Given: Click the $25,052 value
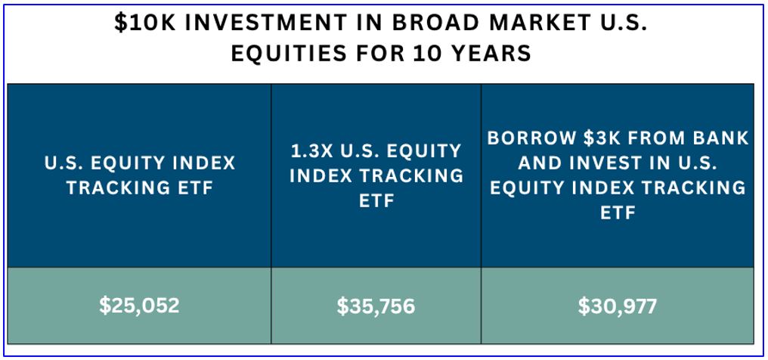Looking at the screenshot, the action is tap(140, 306).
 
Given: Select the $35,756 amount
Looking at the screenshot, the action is tap(376, 306).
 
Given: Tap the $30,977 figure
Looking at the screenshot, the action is tap(617, 306).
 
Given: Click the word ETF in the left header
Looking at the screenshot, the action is tap(193, 188).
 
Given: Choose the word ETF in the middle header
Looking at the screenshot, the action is tap(376, 201).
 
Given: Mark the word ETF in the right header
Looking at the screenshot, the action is tap(618, 213).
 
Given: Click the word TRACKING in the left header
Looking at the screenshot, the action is tap(116, 188).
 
